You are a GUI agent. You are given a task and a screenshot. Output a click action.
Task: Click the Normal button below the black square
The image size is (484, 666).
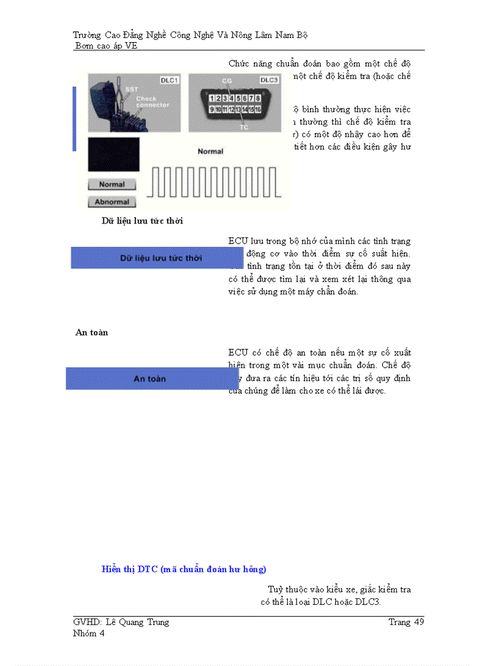[112, 184]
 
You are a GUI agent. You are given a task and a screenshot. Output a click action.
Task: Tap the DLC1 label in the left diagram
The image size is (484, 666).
[170, 79]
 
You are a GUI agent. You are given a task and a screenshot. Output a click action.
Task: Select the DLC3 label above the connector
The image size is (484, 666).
[269, 79]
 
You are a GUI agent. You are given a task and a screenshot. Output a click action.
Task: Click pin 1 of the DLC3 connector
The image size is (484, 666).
[212, 98]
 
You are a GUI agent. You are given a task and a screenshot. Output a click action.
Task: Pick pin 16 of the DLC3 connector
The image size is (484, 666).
[258, 109]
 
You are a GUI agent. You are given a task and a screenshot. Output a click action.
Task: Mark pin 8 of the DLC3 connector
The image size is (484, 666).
[258, 98]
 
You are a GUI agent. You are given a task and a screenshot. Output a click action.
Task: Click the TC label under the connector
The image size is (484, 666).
[243, 126]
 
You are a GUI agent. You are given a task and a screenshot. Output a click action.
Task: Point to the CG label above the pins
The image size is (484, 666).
[227, 80]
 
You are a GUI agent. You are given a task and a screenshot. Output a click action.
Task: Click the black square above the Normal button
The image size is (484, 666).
[113, 155]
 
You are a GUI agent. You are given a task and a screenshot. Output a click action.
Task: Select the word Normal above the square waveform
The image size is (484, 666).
[210, 151]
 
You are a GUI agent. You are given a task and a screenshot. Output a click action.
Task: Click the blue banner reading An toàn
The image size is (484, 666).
[152, 378]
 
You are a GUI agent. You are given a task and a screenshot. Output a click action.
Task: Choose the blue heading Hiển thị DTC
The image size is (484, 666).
[184, 569]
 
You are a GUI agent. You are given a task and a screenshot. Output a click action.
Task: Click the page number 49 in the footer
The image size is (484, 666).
[418, 622]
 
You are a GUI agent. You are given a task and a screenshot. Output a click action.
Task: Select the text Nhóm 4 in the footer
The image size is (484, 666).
[88, 633]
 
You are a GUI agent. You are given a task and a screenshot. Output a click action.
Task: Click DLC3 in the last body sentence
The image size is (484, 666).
[368, 602]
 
